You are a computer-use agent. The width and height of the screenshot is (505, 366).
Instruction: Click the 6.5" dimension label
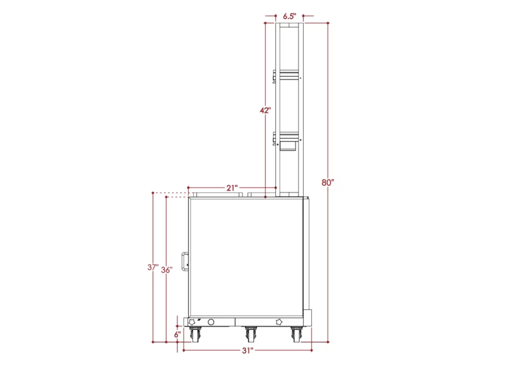tap(290, 16)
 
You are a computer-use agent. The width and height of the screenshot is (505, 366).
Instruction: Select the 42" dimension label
tap(265, 110)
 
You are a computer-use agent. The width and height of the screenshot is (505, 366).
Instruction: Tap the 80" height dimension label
tap(328, 182)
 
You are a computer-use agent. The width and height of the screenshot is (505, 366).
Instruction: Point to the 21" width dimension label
tap(232, 187)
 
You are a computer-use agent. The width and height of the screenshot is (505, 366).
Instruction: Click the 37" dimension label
tap(153, 267)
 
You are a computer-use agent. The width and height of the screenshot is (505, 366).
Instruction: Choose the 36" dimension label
tap(167, 269)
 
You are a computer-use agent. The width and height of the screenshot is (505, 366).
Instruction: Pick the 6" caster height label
tap(177, 334)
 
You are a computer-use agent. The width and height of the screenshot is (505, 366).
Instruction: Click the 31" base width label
tap(247, 351)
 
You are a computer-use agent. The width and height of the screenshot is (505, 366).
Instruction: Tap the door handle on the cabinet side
tap(185, 261)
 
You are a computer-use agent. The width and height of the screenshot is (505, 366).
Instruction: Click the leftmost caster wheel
tap(195, 335)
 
